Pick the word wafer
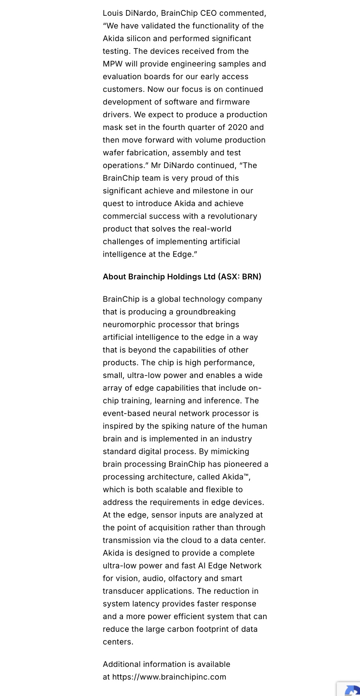[113, 153]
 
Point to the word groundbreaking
[206, 312]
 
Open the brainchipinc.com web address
[169, 677]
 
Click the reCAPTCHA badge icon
[352, 690]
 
